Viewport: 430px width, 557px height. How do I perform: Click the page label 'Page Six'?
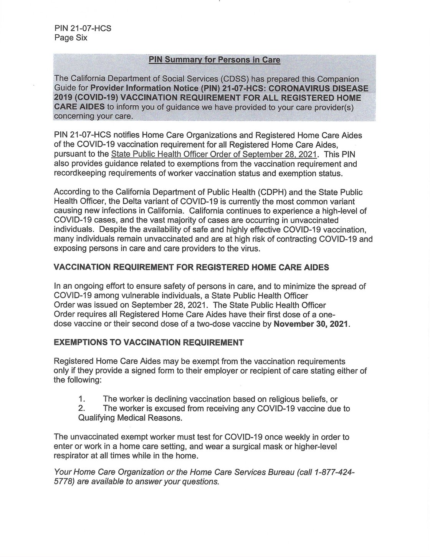pos(71,38)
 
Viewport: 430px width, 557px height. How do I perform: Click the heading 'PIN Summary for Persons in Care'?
pos(214,60)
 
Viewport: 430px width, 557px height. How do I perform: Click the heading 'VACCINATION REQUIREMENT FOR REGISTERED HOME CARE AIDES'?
pos(192,268)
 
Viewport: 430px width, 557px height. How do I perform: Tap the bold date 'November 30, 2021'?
pos(311,324)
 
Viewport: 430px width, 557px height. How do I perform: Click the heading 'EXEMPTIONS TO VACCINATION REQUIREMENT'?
pos(149,343)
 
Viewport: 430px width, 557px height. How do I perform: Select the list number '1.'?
pos(81,399)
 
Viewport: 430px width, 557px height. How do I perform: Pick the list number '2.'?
pos(81,408)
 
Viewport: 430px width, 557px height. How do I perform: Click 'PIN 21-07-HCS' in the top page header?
pos(83,28)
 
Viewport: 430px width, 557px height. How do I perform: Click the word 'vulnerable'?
pos(152,296)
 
